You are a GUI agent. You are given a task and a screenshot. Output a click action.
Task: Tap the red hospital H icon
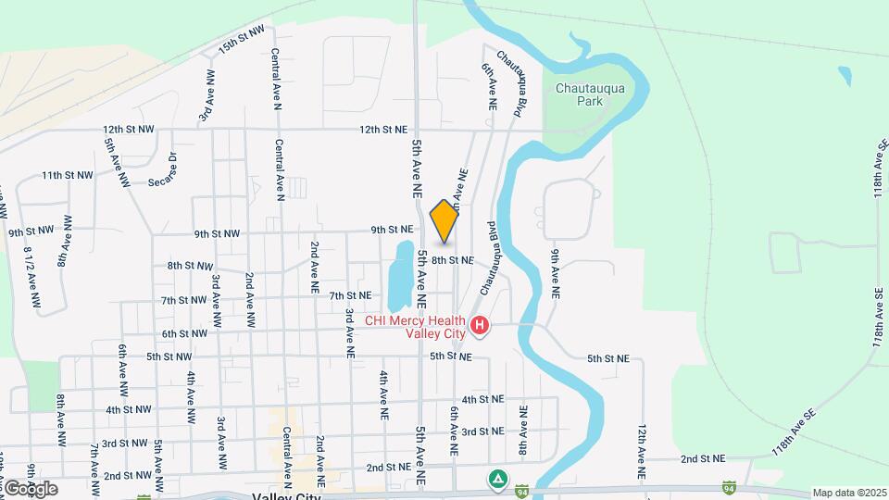coord(480,325)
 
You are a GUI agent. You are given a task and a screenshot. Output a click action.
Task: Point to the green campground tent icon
coord(497,479)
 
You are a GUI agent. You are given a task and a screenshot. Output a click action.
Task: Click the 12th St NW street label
coord(129,130)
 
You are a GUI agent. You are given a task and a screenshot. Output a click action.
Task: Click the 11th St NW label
coord(68,175)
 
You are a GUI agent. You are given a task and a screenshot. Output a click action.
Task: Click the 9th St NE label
coord(391,230)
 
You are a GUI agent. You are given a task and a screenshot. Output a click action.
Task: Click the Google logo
coord(30,488)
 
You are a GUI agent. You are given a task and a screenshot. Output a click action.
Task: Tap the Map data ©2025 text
coord(849,493)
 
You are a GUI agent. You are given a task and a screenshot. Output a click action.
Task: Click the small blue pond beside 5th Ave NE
coord(400,275)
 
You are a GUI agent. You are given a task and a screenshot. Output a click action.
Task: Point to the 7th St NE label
coord(350,295)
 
